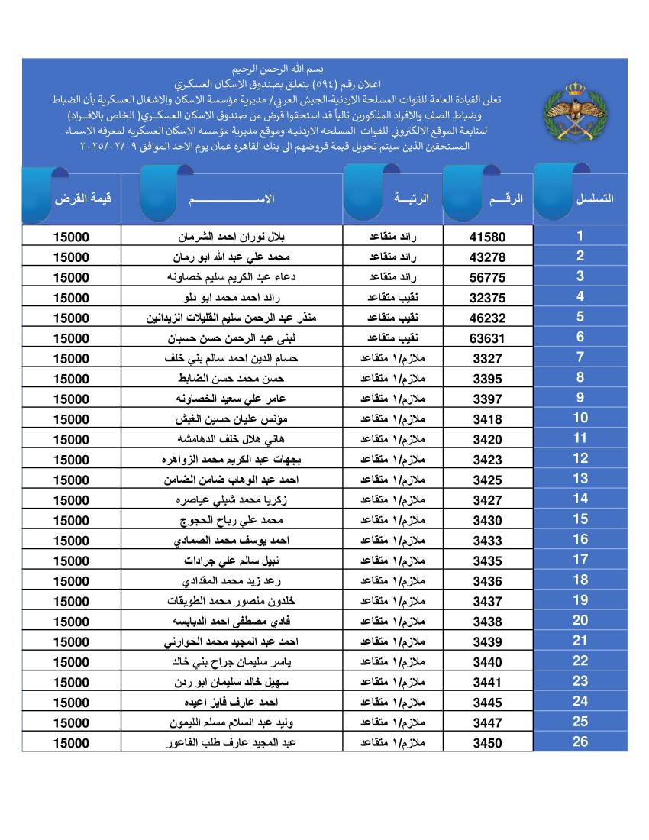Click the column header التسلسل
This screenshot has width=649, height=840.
coord(595,199)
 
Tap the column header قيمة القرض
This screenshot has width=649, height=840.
coord(82,199)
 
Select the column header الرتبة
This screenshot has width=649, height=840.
coord(412,199)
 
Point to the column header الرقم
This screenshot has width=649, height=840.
coord(505,199)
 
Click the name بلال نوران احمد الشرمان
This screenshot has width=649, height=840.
coord(231,237)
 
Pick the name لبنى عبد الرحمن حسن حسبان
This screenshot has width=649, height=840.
coord(231,338)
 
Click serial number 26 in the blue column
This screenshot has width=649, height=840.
coord(580,741)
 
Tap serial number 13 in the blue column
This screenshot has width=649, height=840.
coord(580,479)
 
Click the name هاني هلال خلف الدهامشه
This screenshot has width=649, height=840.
coord(231,439)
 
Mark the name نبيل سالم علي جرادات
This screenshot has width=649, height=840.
coord(231,561)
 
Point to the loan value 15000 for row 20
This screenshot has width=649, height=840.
coord(71,622)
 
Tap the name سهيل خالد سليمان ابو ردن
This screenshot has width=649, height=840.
coord(231,682)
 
